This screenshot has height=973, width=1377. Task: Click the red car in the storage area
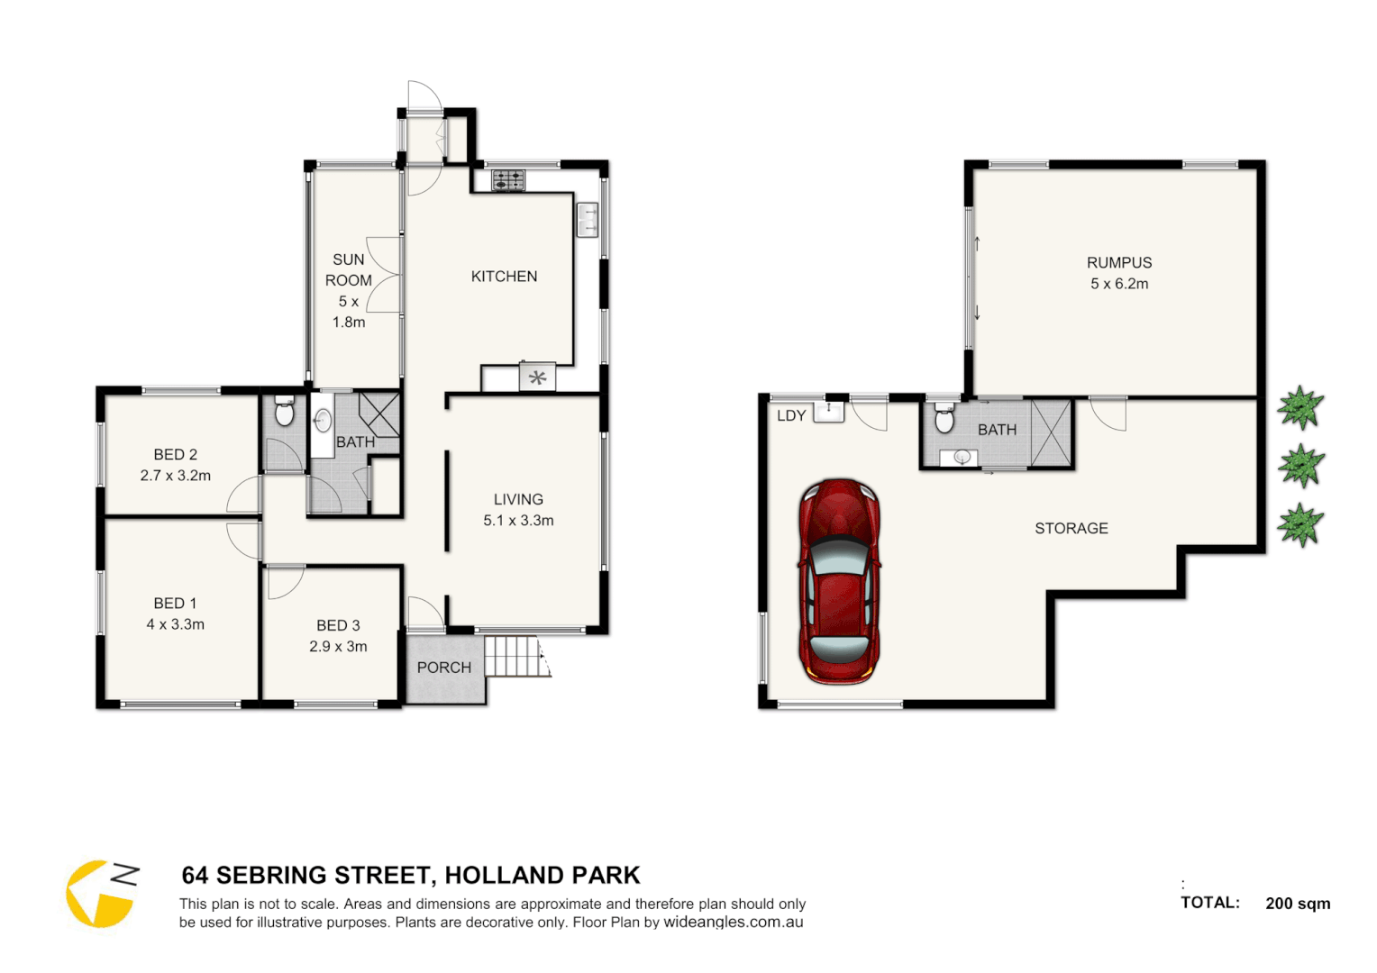pos(838,581)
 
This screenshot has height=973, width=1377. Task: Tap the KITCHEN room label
pos(504,277)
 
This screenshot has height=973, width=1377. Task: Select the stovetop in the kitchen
pos(508,180)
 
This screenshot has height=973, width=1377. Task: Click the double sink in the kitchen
pos(587,219)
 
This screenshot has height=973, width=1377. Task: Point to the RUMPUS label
pos(1118,263)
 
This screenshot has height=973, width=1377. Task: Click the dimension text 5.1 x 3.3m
pos(518,521)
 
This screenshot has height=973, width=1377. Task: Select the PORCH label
pos(443,668)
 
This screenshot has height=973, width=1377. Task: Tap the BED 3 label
pos(338,625)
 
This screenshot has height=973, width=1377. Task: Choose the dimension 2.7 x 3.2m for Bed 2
pos(176,476)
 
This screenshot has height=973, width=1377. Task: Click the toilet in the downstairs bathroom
pos(944,420)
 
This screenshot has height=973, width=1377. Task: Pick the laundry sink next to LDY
pos(829,412)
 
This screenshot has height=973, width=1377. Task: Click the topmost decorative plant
pos(1299,407)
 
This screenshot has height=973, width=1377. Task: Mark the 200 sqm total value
pos(1297,904)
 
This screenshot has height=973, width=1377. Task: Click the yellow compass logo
pos(99,894)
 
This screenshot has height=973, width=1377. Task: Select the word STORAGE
pos(1071,529)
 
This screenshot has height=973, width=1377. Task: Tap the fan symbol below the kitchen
pos(537,377)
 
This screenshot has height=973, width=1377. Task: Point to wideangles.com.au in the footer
pos(733,923)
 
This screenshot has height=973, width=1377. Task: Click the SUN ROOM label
pos(349,270)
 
